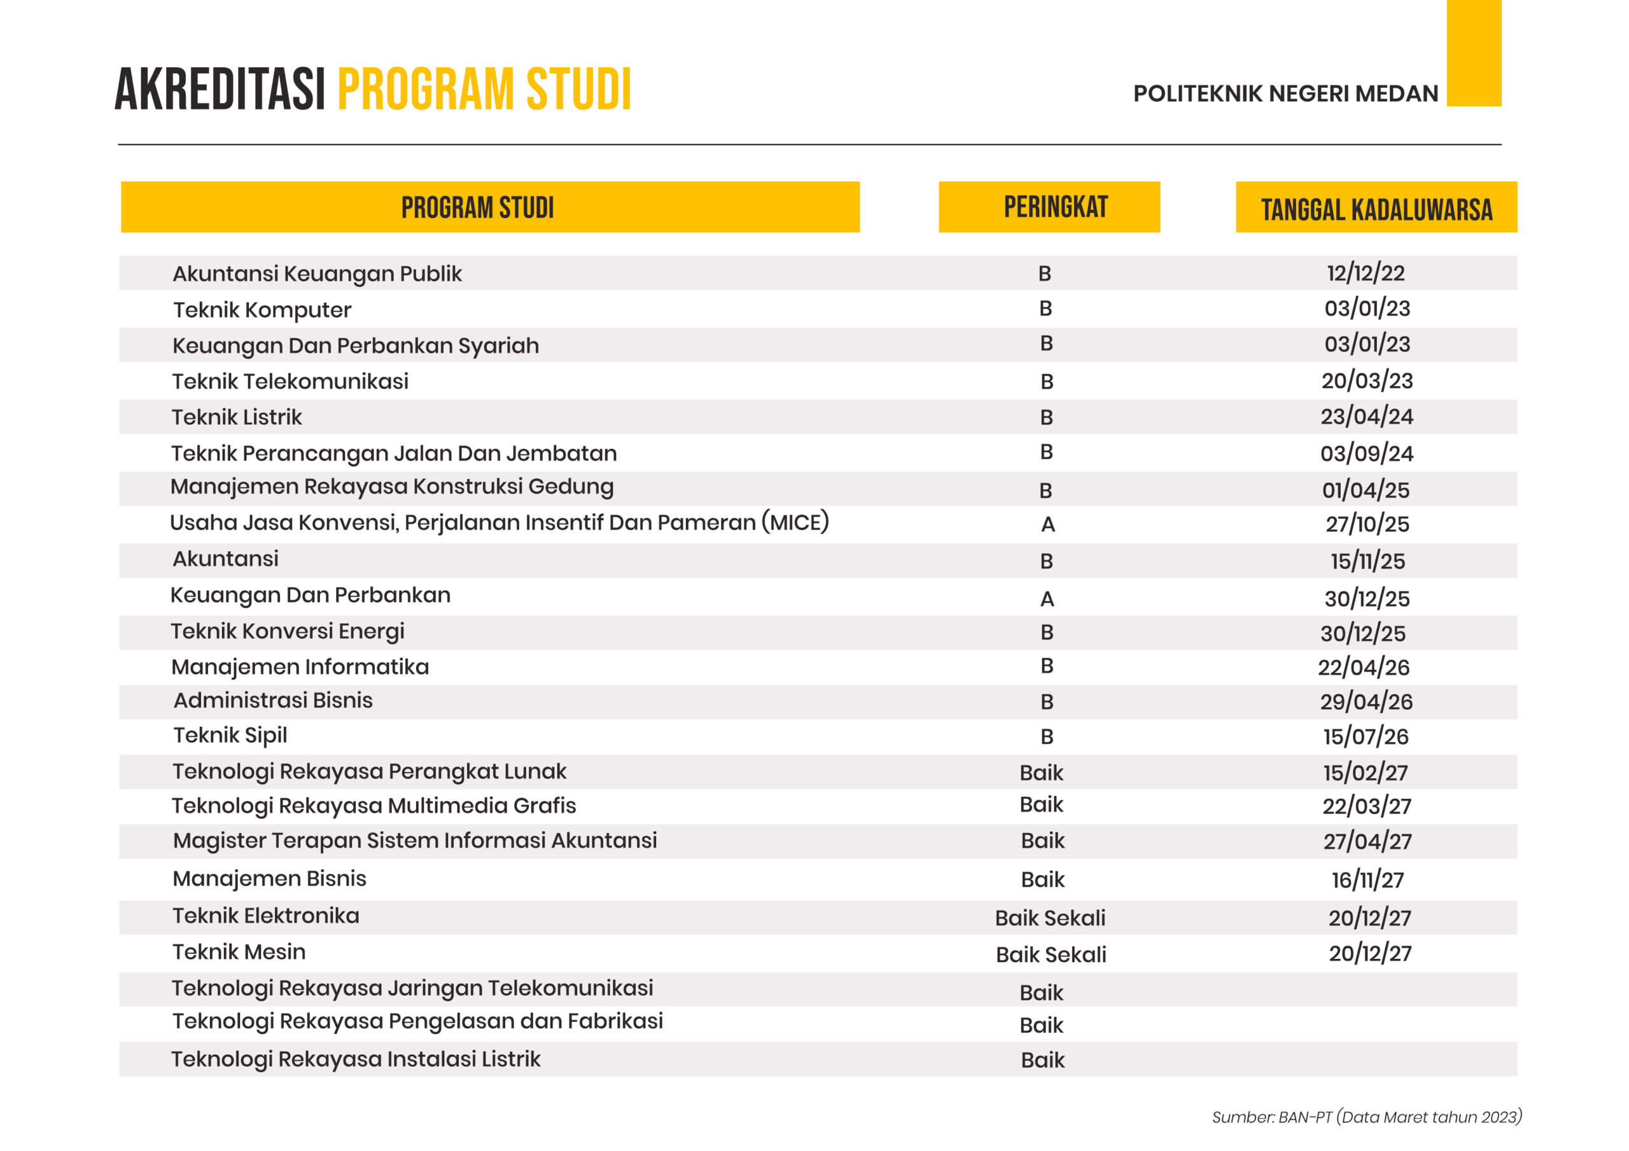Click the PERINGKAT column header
point(1055,207)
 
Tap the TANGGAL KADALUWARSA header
point(1376,209)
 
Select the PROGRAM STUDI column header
point(477,208)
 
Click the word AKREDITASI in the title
point(220,90)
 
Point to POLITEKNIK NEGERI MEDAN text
point(1285,93)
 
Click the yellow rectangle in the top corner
point(1474,53)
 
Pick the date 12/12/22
point(1365,273)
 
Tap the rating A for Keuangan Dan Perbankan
point(1047,599)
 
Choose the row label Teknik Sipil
point(230,735)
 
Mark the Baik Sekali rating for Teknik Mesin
point(1050,955)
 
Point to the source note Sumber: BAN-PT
point(1366,1117)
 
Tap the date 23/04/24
point(1366,417)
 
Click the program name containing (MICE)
point(499,523)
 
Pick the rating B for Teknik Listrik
point(1045,418)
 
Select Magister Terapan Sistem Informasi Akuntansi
point(414,841)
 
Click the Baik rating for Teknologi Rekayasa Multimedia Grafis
point(1041,805)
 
